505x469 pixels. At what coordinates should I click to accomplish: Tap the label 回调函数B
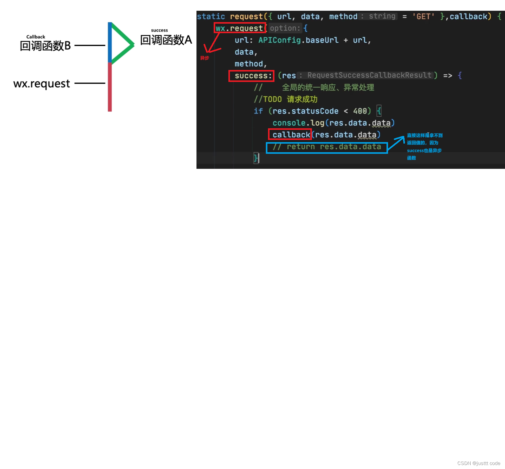(45, 46)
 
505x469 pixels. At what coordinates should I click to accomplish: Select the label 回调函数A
(166, 40)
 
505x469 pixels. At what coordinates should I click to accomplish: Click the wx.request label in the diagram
(42, 83)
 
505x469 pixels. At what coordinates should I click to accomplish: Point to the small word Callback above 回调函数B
(36, 37)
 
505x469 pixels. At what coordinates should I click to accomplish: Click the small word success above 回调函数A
(159, 30)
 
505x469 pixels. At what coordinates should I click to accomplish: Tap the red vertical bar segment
(110, 87)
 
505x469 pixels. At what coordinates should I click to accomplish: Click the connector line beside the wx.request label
(90, 83)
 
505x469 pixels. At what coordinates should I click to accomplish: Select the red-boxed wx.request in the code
(239, 28)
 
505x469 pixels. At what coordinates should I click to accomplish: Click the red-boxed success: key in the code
(251, 76)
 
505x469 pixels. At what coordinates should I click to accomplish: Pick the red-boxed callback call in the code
(290, 135)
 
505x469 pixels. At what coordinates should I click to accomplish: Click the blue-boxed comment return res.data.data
(327, 147)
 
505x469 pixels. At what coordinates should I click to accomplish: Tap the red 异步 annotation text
(204, 58)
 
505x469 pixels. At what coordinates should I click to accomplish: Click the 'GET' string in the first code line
(423, 17)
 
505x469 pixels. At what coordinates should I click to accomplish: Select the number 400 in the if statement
(360, 111)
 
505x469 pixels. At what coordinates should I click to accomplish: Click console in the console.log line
(289, 123)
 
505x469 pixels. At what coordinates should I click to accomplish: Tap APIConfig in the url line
(279, 40)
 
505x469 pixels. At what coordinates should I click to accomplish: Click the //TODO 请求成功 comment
(286, 99)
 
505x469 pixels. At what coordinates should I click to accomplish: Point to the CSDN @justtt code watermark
(479, 463)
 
